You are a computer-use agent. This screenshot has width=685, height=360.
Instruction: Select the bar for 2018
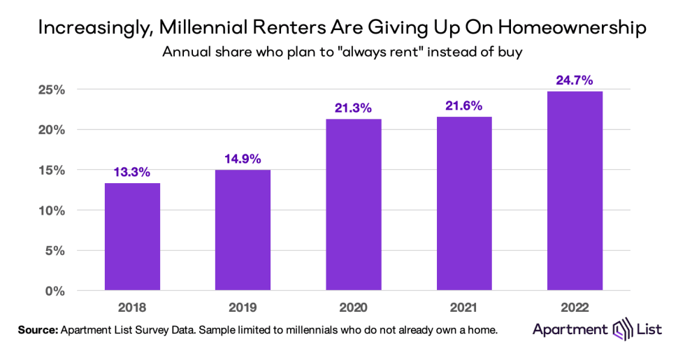[x=132, y=236]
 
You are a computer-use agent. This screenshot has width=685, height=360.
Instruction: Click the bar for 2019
[x=243, y=230]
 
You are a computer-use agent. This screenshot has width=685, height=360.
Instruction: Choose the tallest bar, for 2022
[x=575, y=190]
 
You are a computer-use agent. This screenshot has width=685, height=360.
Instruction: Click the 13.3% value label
[x=132, y=172]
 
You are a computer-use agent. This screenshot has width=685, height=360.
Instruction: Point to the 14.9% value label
[x=243, y=159]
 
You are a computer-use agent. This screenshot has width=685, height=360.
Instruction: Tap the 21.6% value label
[x=464, y=106]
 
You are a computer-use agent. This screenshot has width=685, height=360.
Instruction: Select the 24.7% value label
[x=575, y=80]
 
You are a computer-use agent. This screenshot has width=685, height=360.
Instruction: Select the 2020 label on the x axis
[x=353, y=305]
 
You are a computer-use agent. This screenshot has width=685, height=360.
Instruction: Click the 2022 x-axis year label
[x=575, y=305]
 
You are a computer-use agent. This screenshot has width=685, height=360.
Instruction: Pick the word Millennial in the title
[x=205, y=29]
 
